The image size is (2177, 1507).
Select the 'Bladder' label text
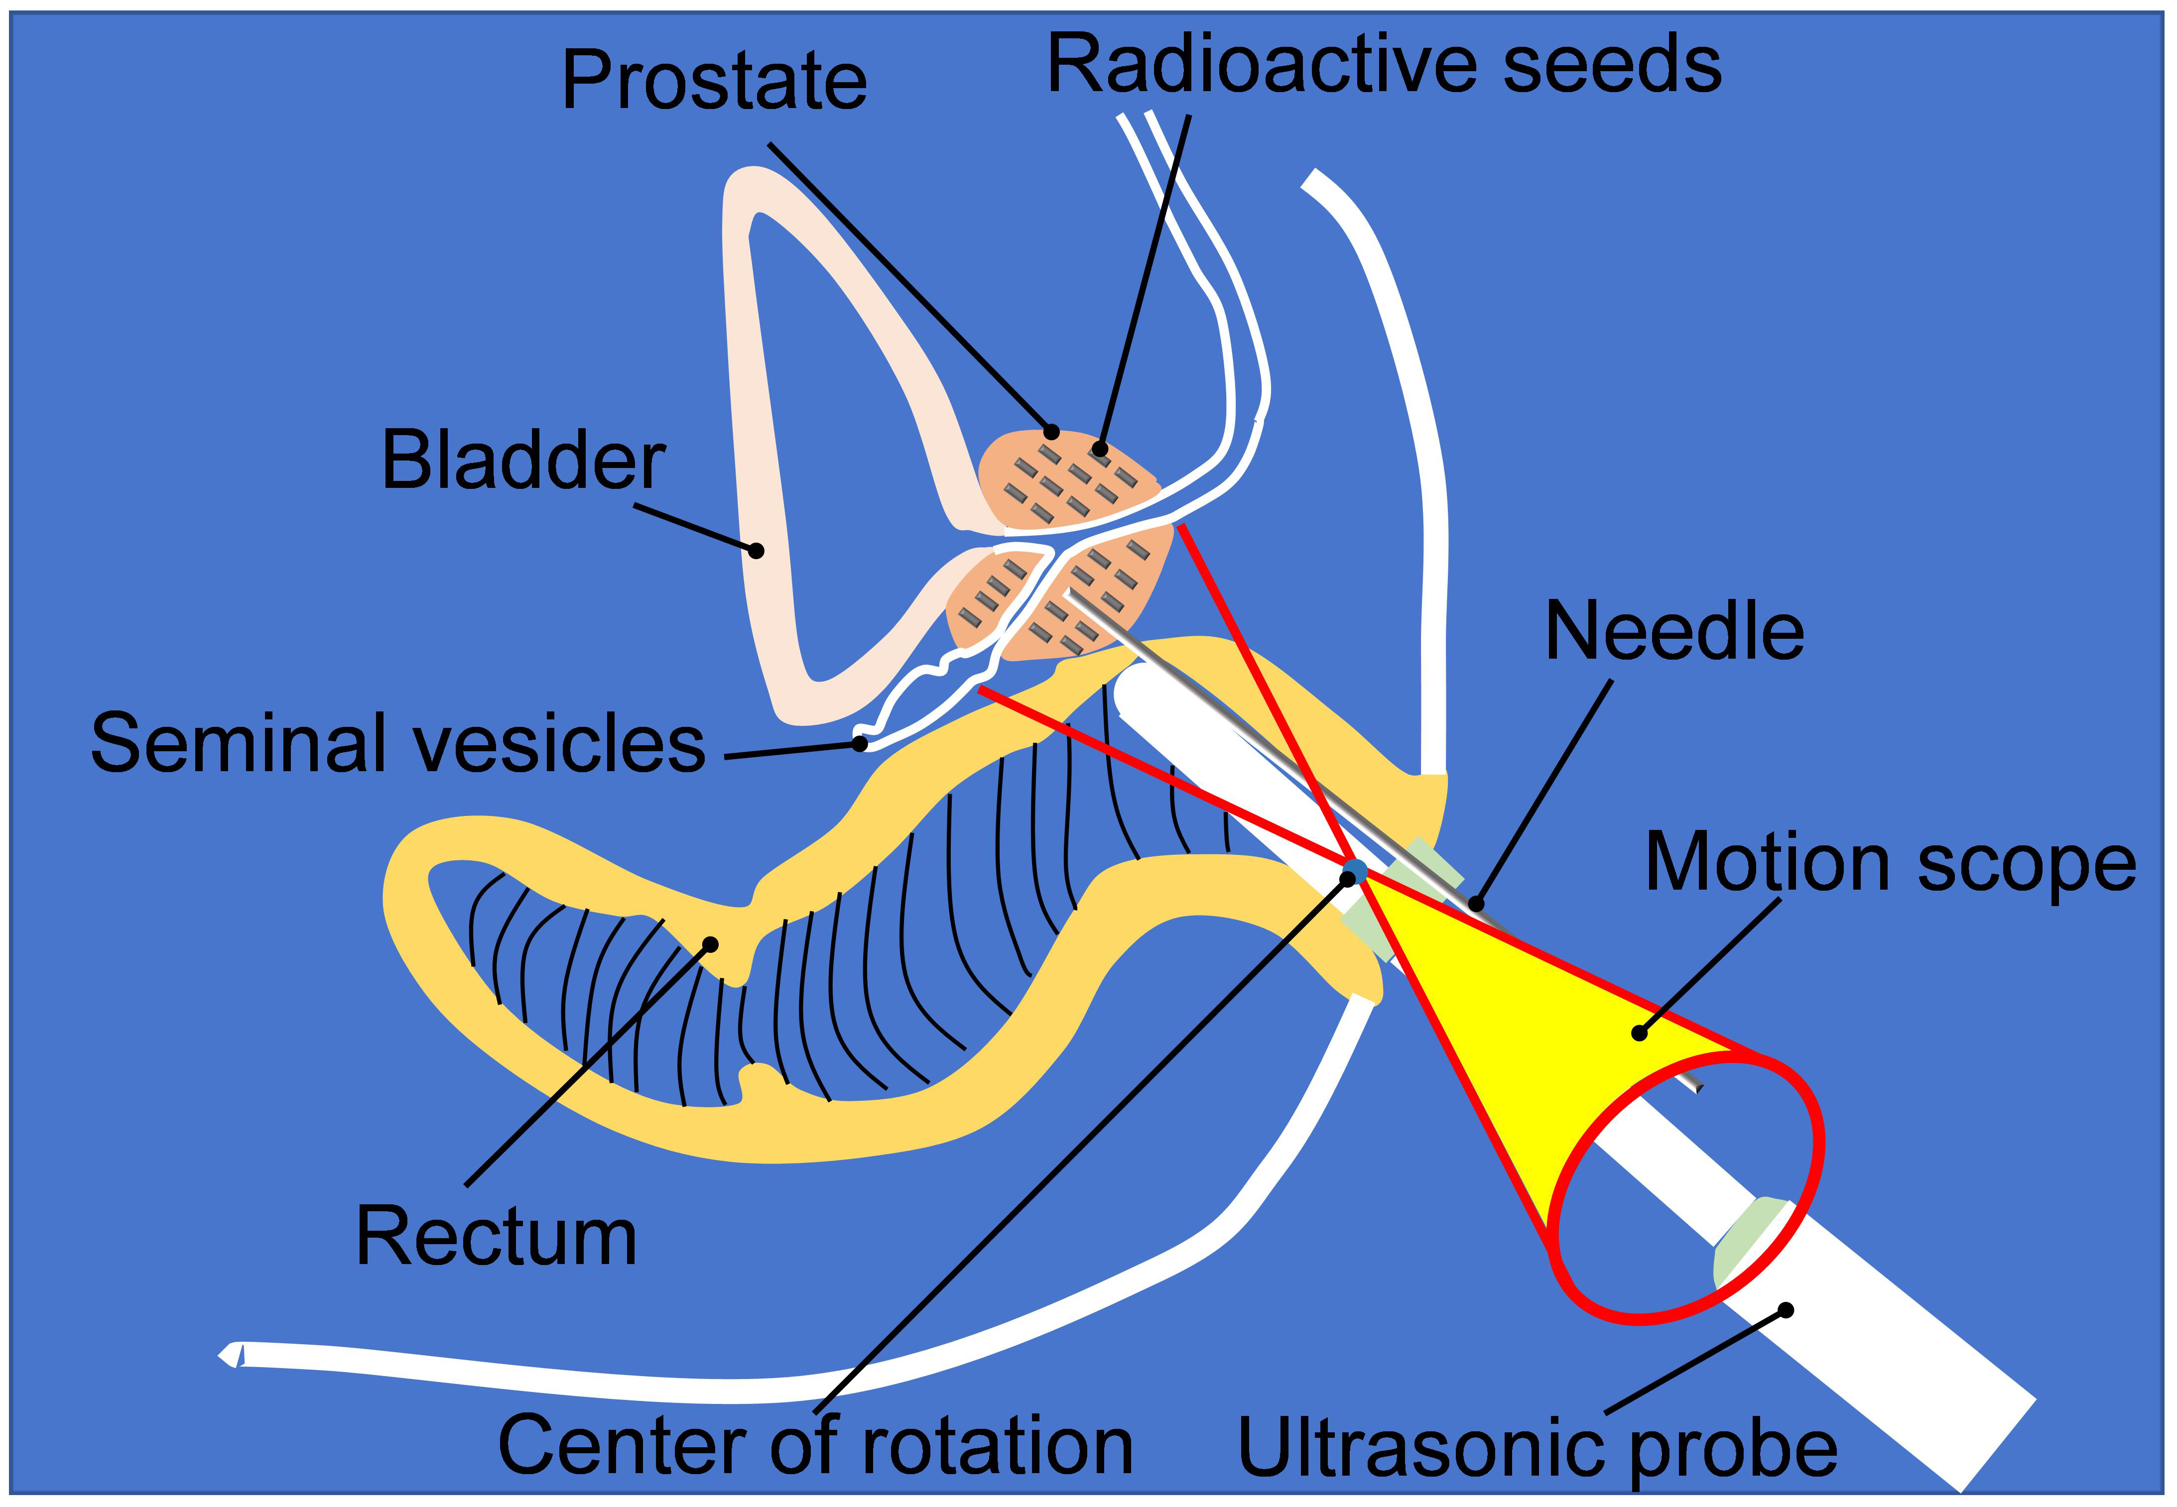click(523, 461)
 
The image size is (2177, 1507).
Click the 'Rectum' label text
click(496, 1238)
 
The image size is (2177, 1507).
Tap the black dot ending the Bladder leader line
click(756, 550)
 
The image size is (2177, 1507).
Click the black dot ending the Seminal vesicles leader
click(860, 743)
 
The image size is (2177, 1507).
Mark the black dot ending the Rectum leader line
click(711, 943)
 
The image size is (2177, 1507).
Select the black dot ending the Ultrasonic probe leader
click(1785, 1310)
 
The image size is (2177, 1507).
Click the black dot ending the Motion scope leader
click(1640, 1034)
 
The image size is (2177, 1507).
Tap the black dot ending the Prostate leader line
click(1051, 433)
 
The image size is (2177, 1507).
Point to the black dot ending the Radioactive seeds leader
click(1099, 449)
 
